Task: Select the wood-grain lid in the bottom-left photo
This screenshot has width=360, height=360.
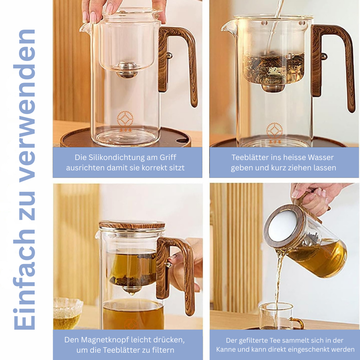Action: (x=132, y=225)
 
